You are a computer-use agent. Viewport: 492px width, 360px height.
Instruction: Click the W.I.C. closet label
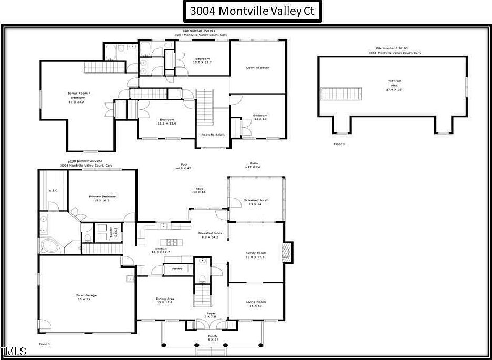[x=53, y=190]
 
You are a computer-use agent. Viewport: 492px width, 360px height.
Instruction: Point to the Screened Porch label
[x=256, y=202]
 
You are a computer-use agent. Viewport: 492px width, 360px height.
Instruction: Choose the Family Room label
[x=256, y=255]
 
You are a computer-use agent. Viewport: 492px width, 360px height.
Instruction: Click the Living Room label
[x=256, y=303]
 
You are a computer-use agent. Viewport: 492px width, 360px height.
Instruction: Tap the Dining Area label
[x=164, y=300]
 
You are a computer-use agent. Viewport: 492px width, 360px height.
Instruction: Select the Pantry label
[x=177, y=269]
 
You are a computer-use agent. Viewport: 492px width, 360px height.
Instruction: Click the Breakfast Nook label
[x=210, y=235]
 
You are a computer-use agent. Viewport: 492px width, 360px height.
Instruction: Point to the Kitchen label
[x=161, y=250]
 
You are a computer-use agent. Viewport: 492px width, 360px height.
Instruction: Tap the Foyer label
[x=211, y=315]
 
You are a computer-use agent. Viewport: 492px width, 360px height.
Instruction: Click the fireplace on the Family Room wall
[x=286, y=253]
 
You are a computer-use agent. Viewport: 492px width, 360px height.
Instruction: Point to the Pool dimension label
[x=184, y=167]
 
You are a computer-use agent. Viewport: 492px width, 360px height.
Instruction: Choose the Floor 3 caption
[x=340, y=143]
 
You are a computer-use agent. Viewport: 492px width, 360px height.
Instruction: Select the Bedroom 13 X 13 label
[x=260, y=117]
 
